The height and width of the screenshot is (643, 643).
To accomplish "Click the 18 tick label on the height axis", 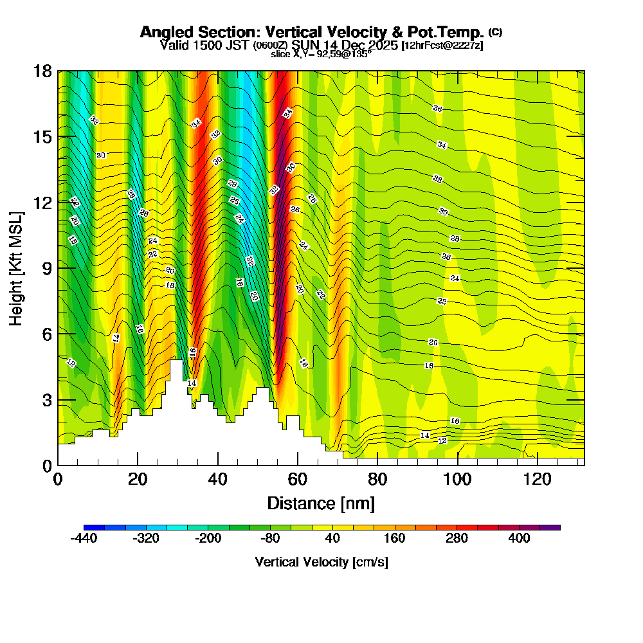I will (x=42, y=71).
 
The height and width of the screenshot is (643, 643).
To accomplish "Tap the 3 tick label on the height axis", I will (x=46, y=399).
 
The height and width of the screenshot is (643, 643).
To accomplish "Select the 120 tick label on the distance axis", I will (x=537, y=479).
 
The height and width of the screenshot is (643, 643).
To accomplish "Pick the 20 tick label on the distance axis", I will (x=138, y=479).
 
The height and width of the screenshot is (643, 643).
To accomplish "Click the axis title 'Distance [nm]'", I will (x=321, y=503).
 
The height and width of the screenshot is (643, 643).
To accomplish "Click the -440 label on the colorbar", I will (x=83, y=538).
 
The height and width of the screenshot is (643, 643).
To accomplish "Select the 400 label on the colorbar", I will (x=519, y=538).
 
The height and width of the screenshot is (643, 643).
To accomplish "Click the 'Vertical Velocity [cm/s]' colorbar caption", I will (x=321, y=562).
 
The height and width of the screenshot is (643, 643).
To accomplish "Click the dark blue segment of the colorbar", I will (x=89, y=527).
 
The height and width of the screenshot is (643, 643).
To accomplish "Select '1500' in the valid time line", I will (x=203, y=45).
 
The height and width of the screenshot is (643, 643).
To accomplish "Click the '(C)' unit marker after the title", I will (x=495, y=32).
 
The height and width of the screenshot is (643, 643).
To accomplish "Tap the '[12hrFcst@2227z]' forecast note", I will (x=442, y=46).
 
